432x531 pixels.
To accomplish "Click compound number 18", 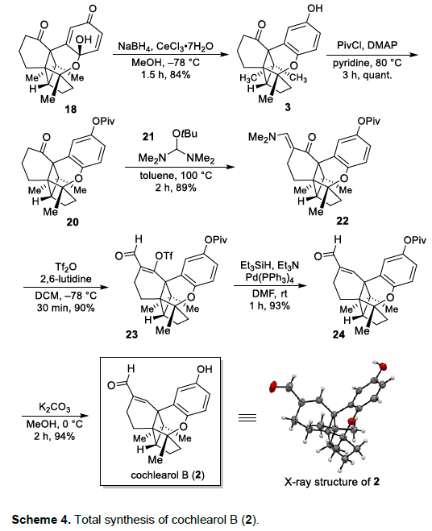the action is (x=71, y=109).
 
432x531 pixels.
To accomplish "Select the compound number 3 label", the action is (x=288, y=107).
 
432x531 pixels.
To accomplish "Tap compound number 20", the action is (x=73, y=222).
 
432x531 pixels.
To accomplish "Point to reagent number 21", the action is (x=147, y=136).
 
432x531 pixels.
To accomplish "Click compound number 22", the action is (x=343, y=221).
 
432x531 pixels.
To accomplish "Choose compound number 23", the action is (x=132, y=334).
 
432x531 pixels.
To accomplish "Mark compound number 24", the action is (x=339, y=334).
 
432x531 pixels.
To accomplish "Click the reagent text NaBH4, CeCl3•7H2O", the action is (x=166, y=47).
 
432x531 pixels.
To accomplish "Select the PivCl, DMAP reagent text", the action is (x=367, y=45).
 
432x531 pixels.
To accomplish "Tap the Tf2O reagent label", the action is (x=64, y=268).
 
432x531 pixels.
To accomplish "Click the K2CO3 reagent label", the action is (x=55, y=407).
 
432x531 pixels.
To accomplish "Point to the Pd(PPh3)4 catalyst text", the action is (x=270, y=277).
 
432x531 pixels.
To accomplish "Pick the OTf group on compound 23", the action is (x=164, y=256).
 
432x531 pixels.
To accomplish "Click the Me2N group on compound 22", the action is (x=262, y=137).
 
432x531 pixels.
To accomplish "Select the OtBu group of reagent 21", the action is (x=185, y=134).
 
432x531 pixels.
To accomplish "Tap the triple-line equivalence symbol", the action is (x=247, y=418).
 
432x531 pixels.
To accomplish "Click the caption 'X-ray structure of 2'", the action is (x=332, y=482).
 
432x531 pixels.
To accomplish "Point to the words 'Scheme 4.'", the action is (x=41, y=520).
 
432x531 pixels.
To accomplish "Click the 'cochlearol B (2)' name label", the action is (x=168, y=475).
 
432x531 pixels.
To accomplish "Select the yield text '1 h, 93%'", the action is (x=270, y=306).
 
